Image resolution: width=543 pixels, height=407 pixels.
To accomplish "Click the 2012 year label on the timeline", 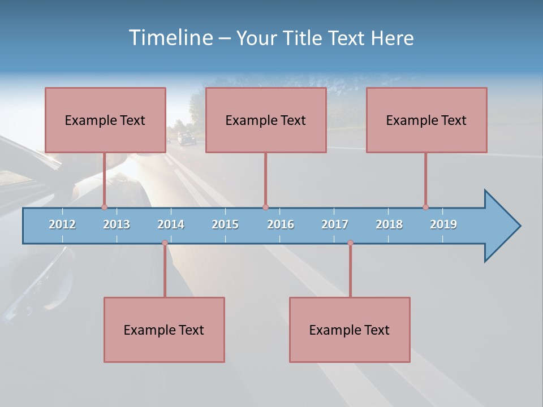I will (62, 224).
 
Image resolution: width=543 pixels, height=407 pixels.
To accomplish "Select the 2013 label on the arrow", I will (117, 224).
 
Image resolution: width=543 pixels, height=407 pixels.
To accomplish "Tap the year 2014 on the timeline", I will (171, 224).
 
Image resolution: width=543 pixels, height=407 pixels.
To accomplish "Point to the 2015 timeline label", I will (225, 224).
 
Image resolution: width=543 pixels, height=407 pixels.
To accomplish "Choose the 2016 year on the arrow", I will (281, 224).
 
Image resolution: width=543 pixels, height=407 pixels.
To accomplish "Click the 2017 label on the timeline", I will (335, 224).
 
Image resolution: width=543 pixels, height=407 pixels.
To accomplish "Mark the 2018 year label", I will (389, 224).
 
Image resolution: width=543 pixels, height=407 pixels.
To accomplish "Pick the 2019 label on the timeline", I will (443, 224).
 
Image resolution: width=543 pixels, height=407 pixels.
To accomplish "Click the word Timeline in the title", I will (169, 38).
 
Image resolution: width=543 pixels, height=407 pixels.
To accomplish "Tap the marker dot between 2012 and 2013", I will (104, 207).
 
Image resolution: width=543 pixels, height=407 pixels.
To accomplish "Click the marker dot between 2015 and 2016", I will (265, 207).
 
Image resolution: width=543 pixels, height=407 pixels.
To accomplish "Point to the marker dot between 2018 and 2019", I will (425, 207).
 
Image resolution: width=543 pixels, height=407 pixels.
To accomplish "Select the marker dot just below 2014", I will (165, 243).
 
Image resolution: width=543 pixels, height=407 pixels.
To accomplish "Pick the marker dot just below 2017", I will (350, 243).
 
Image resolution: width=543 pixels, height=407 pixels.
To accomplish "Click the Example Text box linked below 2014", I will (164, 330).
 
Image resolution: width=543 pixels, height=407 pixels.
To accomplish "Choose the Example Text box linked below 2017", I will (350, 330).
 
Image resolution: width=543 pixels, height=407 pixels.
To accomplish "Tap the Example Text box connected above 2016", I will (266, 120).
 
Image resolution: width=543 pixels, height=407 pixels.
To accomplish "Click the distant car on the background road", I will (185, 138).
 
